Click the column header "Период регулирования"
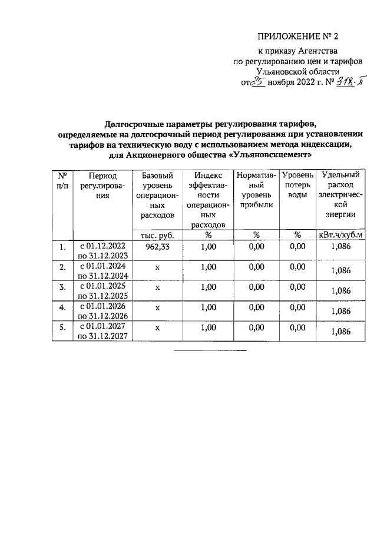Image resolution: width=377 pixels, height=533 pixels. [x=103, y=186]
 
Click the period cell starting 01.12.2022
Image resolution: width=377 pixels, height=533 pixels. [x=103, y=251]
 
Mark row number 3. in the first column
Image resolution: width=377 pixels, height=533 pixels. [x=62, y=287]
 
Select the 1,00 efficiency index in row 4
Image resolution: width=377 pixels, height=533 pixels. [x=208, y=307]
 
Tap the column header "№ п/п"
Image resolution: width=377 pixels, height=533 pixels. [x=62, y=180]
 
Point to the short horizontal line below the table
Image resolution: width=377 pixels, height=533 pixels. [x=210, y=351]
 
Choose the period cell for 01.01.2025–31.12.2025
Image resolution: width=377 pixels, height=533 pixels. [x=103, y=290]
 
